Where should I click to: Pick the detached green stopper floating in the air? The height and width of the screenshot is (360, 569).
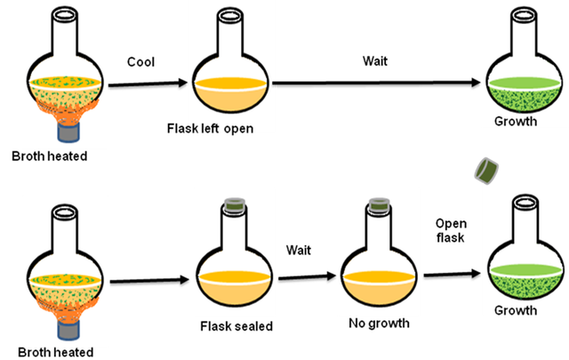[x=485, y=169]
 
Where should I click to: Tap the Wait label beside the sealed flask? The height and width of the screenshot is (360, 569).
[x=297, y=252]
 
